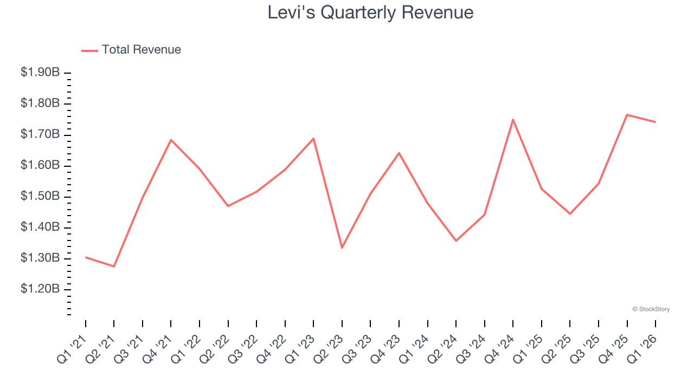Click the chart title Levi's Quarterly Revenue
370,12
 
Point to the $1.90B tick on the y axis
40,73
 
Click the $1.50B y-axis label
40,196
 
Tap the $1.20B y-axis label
40,289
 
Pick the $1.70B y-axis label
40,134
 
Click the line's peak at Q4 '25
627,115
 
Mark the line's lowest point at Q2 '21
114,266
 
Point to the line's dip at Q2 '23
342,248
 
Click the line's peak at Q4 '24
513,119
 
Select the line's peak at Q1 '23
313,138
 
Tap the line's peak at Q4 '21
171,140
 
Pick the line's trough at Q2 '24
456,240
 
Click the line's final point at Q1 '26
655,122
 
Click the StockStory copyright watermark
651,309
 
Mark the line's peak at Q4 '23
399,153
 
